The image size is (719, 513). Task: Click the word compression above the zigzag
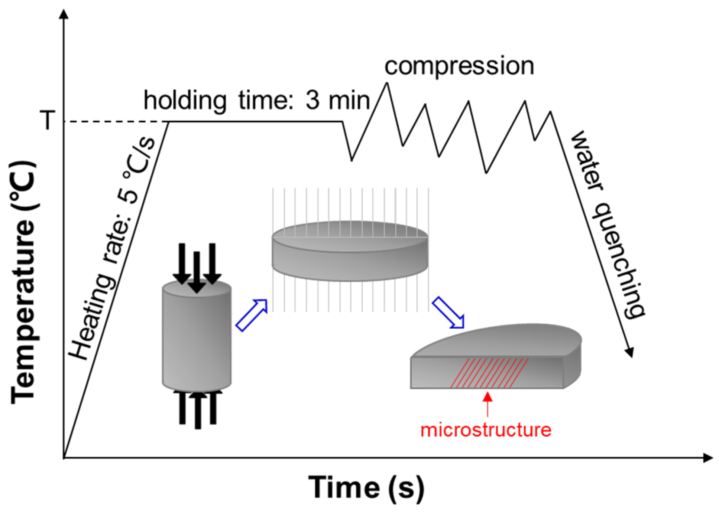pyautogui.click(x=459, y=66)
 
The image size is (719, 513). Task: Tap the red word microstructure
pyautogui.click(x=486, y=430)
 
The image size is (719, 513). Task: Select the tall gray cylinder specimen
pyautogui.click(x=197, y=336)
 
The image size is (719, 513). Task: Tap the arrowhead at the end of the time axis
pyautogui.click(x=707, y=458)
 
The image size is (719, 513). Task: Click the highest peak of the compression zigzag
pyautogui.click(x=387, y=84)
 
